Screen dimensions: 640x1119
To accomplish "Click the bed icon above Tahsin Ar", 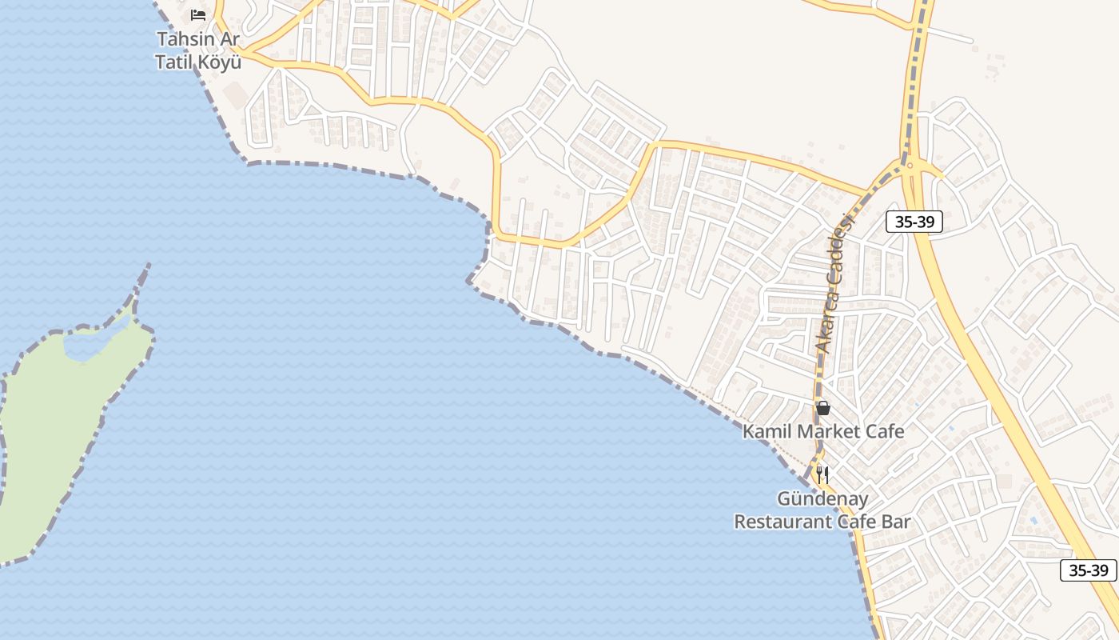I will coord(198,14).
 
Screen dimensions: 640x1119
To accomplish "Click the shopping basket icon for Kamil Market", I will coord(823,408).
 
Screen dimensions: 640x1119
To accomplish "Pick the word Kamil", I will coord(767,431).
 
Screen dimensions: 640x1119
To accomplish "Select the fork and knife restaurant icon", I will coord(822,475).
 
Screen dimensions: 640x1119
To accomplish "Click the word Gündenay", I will coord(822,499).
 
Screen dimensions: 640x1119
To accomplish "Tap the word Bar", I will coord(896,522).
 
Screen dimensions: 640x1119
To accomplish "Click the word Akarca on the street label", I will coord(826,313).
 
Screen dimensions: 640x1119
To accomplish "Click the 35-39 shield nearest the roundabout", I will coord(914,222).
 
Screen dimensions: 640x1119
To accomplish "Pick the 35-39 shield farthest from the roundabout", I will coord(1089,570).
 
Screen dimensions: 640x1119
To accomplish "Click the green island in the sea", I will coord(56,432).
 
